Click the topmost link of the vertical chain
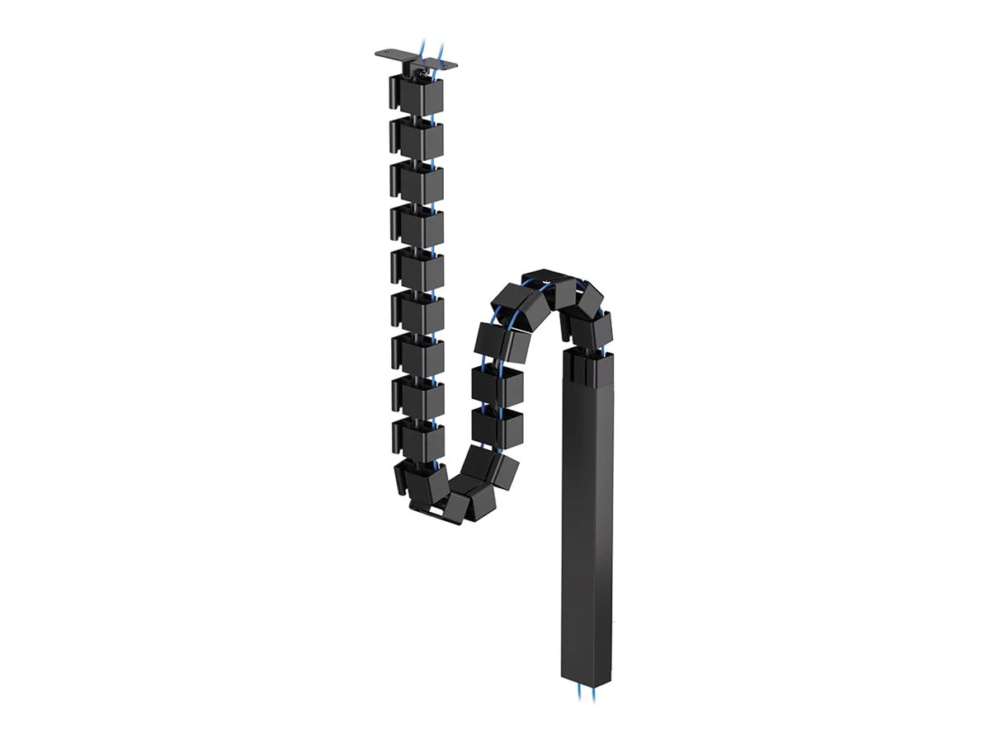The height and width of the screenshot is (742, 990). pos(415,96)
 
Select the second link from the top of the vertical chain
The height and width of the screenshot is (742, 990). pos(415,138)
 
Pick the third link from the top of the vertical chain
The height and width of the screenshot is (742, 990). pos(415,182)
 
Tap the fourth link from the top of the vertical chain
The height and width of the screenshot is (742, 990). pos(415,225)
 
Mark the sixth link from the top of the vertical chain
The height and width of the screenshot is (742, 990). pos(415,312)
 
